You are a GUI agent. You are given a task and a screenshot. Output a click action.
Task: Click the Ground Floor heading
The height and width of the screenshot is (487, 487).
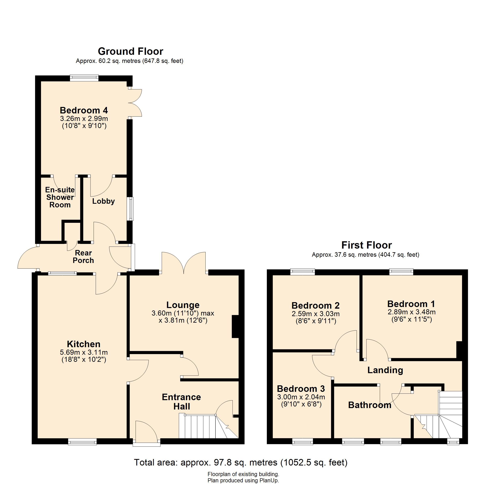click(x=130, y=51)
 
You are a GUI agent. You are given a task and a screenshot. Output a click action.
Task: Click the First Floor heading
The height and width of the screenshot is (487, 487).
click(x=366, y=245)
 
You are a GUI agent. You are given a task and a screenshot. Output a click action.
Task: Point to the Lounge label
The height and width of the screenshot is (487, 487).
click(x=183, y=305)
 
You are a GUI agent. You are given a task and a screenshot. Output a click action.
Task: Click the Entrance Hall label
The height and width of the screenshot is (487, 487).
click(x=181, y=402)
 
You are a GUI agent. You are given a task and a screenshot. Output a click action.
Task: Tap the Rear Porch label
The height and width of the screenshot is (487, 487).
click(x=83, y=257)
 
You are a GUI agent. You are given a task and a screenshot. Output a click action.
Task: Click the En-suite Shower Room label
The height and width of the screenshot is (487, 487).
click(x=60, y=197)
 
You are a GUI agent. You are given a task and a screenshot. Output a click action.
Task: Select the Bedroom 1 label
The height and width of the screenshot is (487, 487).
click(x=411, y=304)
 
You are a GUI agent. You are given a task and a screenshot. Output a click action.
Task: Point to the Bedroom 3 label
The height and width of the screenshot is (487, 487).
click(x=301, y=388)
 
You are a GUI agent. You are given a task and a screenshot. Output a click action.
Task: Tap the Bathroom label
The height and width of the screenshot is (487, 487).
click(x=370, y=405)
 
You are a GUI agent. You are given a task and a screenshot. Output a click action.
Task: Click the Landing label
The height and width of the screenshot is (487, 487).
click(x=385, y=370)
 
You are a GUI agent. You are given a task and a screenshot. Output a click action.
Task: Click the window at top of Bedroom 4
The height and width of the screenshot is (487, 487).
click(x=84, y=78)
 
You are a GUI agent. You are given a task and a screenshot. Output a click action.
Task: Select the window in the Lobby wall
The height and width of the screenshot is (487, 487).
click(x=130, y=209)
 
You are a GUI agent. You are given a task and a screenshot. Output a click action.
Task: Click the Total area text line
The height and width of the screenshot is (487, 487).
click(x=241, y=462)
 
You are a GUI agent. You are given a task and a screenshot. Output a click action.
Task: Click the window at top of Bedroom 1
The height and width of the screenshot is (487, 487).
click(x=401, y=272)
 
